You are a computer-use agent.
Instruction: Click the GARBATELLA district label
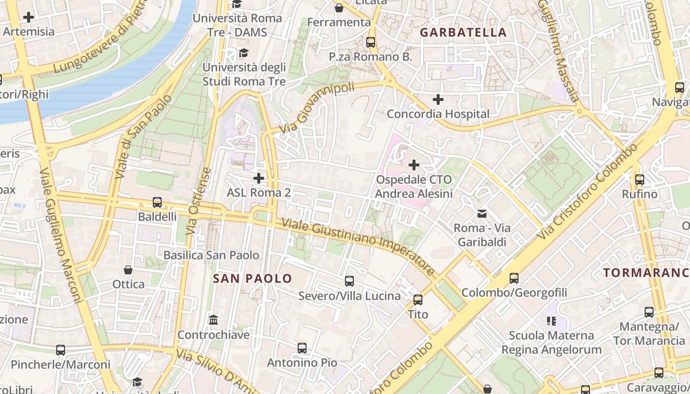click(x=463, y=33)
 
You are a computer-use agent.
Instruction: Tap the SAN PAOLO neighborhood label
click(x=252, y=278)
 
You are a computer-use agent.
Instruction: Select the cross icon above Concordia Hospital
click(x=438, y=99)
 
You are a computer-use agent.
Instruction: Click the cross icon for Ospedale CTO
click(x=414, y=164)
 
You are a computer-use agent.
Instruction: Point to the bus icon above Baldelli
click(x=157, y=202)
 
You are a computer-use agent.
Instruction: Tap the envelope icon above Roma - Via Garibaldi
click(x=482, y=214)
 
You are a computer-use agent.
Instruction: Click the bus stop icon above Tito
click(x=418, y=299)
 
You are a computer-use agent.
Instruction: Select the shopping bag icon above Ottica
click(x=128, y=270)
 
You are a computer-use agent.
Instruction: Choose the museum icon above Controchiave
click(x=213, y=321)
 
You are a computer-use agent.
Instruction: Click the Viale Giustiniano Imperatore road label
click(x=358, y=247)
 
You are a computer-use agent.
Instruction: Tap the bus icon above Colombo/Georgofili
click(x=514, y=278)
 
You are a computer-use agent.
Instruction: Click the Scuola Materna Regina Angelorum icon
click(x=552, y=321)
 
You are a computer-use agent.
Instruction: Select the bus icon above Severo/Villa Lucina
click(x=349, y=281)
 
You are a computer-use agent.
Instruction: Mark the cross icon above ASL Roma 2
click(x=259, y=178)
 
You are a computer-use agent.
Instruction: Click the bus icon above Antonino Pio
click(x=302, y=348)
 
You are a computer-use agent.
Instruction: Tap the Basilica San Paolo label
click(x=211, y=255)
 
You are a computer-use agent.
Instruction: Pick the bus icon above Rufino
click(x=640, y=180)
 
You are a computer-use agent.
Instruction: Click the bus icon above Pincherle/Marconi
click(x=61, y=350)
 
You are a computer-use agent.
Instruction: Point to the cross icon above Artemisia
click(x=29, y=17)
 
